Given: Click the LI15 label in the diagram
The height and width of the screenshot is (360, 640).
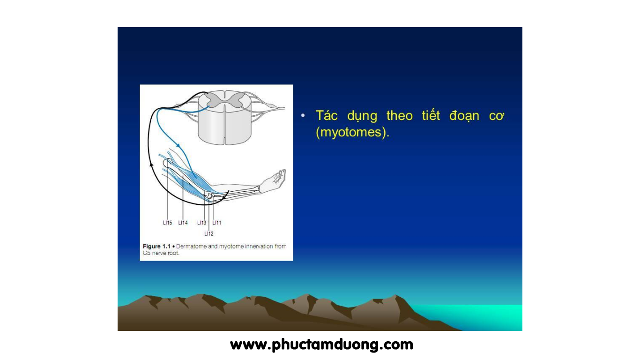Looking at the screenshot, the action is pos(167,223).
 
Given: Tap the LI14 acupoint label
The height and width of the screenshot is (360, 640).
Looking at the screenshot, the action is pos(183,223).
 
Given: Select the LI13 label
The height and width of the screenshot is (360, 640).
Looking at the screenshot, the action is pos(201,223).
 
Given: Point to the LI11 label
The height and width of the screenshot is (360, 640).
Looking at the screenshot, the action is pos(217,223).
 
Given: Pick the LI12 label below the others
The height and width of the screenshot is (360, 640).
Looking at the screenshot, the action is pos(209,233).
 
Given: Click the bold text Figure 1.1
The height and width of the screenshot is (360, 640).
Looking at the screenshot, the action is pos(156,246).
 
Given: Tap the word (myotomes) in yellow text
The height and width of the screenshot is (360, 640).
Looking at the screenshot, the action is pos(353,132).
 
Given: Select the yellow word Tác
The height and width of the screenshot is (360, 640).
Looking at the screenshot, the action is pos(327,115).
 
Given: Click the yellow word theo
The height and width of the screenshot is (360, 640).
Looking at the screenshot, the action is pos(400,115).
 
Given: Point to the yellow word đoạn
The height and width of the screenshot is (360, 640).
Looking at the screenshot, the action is pos(464,116).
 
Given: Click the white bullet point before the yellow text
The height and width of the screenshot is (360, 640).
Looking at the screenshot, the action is pos(303,115).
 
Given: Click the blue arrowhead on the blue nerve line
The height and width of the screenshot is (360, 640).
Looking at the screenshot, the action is pos(178,145).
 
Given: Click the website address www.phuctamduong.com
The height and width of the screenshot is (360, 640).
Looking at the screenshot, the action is pos(322,345).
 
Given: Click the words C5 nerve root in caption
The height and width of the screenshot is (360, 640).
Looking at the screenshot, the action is pos(161,253).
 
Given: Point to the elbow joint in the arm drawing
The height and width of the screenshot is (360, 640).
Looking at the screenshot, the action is pos(209,196).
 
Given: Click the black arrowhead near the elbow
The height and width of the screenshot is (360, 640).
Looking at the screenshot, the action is pos(224,197).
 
